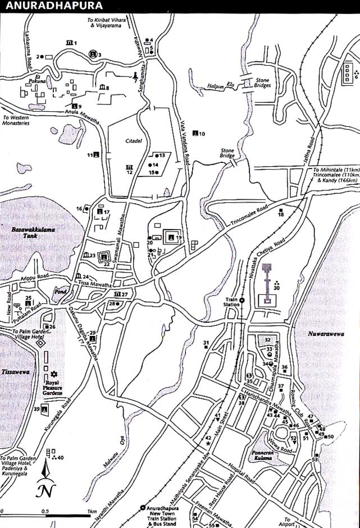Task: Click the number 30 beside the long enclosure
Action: pyautogui.click(x=276, y=288)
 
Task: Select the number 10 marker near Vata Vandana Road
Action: pyautogui.click(x=202, y=133)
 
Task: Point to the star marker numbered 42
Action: pyautogui.click(x=208, y=444)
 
